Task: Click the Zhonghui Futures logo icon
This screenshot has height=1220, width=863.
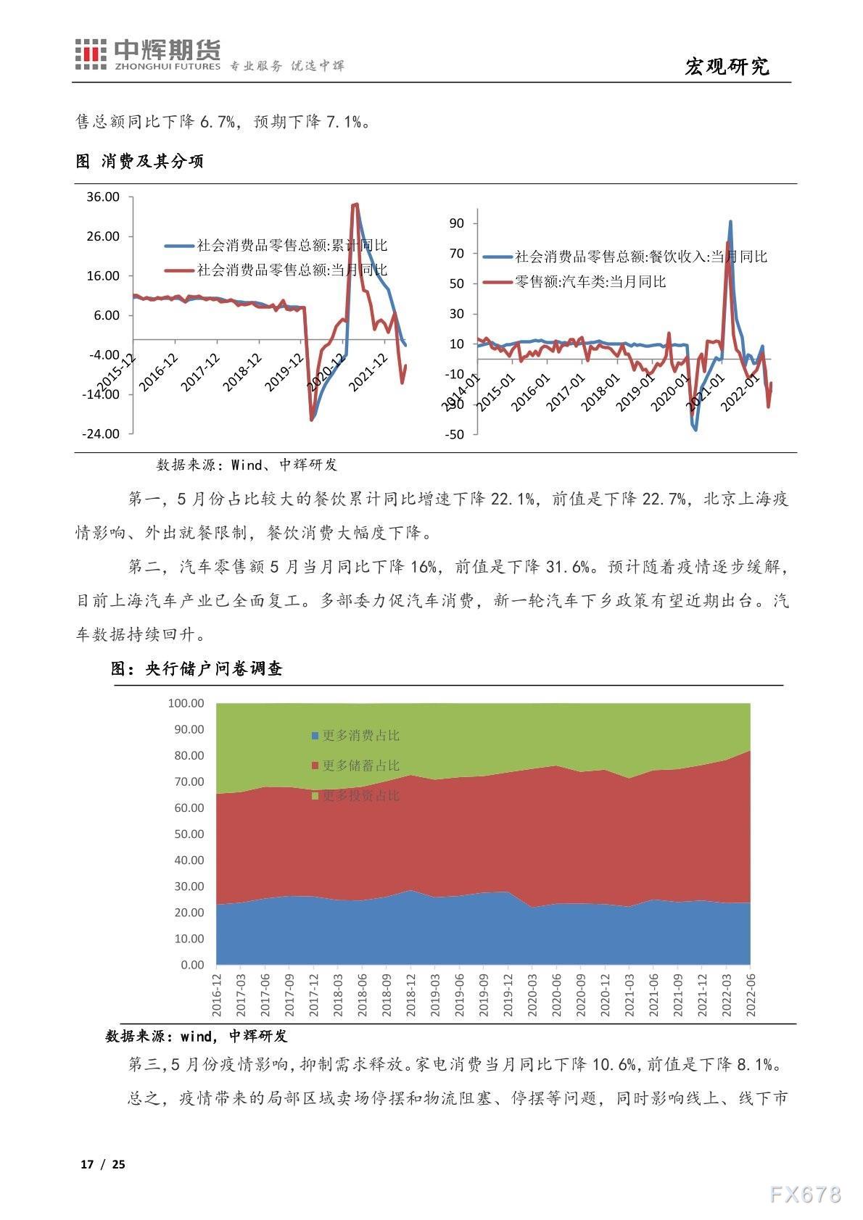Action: [x=91, y=55]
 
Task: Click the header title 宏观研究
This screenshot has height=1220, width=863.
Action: [x=727, y=67]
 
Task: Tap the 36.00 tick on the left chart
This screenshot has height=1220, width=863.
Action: [x=103, y=197]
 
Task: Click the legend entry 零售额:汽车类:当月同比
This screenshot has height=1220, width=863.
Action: [x=590, y=281]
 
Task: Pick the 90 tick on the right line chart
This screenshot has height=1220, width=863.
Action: [x=456, y=223]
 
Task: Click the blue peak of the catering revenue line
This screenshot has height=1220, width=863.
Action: [x=730, y=222]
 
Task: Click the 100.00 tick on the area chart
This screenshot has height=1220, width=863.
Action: [x=186, y=703]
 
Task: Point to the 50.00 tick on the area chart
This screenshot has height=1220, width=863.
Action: [x=189, y=834]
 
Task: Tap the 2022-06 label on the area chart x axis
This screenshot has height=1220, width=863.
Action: [x=750, y=995]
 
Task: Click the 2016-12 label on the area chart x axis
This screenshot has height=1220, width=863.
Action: [x=216, y=995]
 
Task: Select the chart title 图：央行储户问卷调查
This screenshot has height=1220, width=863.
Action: [x=197, y=669]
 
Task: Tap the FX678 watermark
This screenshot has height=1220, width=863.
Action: [x=805, y=1195]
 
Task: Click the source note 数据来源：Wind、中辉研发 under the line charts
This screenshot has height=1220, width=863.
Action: [x=247, y=465]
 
